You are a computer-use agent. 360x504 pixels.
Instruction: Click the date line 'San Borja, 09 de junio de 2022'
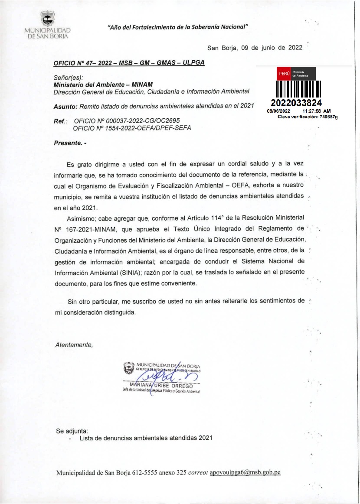click(255, 48)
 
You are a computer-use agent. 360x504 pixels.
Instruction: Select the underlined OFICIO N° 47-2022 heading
click(129, 63)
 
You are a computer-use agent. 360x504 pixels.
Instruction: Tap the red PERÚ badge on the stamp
click(284, 74)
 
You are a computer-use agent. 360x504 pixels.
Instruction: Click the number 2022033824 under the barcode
click(296, 103)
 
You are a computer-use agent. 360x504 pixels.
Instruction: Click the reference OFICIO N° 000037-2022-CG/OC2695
click(127, 120)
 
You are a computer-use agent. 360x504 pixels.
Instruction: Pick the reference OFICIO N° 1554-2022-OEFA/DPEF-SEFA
click(132, 128)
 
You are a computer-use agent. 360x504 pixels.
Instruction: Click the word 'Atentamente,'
click(74, 345)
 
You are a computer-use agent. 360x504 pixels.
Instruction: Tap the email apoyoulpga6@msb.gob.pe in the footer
click(245, 472)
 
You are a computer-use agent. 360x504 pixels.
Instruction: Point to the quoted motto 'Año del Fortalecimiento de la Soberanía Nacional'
click(177, 27)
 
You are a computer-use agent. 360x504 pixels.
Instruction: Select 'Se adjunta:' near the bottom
click(72, 431)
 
